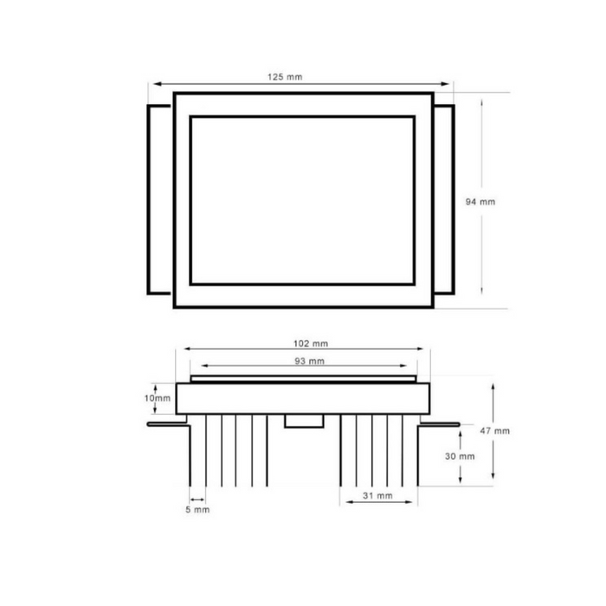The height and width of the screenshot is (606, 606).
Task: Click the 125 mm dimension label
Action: pyautogui.click(x=285, y=77)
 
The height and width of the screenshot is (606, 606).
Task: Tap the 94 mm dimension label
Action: pyautogui.click(x=480, y=202)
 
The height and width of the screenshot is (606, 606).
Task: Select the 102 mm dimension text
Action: pyautogui.click(x=311, y=344)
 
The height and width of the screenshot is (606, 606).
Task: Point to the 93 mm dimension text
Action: pyautogui.click(x=310, y=361)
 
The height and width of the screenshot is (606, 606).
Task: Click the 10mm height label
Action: pyautogui.click(x=158, y=398)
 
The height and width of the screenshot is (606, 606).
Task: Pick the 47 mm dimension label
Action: pyautogui.click(x=494, y=430)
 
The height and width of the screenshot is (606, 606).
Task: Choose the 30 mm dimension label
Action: pyautogui.click(x=460, y=456)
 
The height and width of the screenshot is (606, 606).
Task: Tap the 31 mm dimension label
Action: pyautogui.click(x=377, y=495)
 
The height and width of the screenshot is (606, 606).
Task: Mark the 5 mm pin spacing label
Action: pyautogui.click(x=197, y=510)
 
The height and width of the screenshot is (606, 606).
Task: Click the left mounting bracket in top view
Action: pyautogui.click(x=148, y=199)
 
